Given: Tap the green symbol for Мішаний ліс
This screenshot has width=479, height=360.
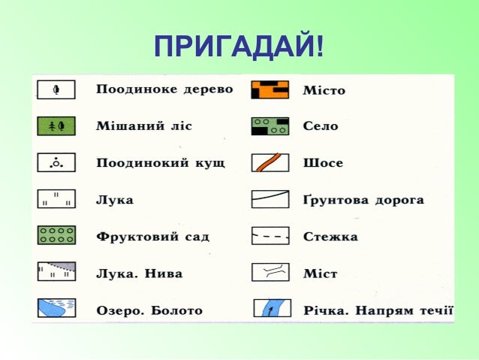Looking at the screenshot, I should pos(56,126).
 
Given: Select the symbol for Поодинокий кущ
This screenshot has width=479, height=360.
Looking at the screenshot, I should pos(56,162).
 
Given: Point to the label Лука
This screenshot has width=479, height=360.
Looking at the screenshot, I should pos(115,200).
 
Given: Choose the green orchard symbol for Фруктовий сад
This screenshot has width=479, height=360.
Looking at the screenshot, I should pos(56,236).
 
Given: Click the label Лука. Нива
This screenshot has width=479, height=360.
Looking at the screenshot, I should pos(140,273).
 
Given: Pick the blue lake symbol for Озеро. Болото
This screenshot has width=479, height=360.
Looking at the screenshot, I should pos(56,309).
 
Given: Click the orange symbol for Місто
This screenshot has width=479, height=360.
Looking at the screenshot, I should pos(270,90).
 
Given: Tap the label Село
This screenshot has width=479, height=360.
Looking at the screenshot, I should pos(321,126).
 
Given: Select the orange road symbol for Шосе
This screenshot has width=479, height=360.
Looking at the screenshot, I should pos(270,162).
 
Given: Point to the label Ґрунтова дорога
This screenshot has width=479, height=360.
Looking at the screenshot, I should pos(363,201).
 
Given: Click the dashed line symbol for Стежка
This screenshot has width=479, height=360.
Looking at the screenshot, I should pos(270,237).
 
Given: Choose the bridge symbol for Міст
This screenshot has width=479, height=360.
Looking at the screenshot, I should pos(270,272).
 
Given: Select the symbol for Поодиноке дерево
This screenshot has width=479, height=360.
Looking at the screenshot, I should pos(56,90).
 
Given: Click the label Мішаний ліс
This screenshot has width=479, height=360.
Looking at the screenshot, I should pos(144,126).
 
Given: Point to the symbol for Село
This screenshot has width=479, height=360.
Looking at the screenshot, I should pos(270,126).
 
